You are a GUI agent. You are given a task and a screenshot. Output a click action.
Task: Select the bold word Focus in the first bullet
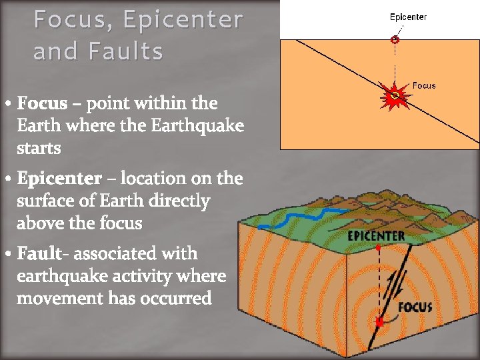(42, 103)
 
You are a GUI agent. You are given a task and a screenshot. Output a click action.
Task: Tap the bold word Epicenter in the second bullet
(59, 179)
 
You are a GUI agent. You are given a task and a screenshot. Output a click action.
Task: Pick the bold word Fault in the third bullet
(40, 253)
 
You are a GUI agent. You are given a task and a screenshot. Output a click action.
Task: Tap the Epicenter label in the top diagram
(408, 17)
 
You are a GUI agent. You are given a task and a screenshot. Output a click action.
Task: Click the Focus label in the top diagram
(424, 85)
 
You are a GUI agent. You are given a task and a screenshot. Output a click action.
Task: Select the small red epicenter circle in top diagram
(395, 40)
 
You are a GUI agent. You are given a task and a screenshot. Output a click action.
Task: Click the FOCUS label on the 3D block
(415, 307)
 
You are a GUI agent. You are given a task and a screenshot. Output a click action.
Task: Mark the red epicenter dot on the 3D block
(379, 247)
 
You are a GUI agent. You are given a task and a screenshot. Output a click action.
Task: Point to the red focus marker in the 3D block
(379, 323)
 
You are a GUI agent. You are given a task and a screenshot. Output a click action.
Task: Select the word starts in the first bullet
(39, 148)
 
